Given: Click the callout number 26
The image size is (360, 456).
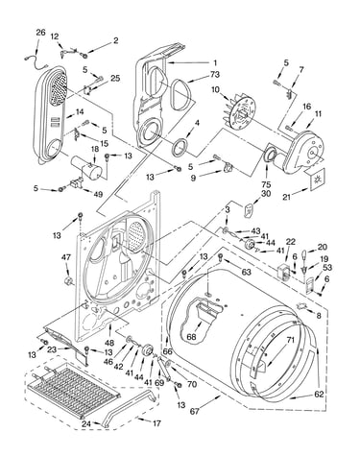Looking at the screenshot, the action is click(x=40, y=33).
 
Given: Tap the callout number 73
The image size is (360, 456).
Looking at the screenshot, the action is click(x=215, y=74).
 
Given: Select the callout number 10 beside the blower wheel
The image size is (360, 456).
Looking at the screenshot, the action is click(x=215, y=89).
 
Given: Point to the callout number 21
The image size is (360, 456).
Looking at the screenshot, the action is click(x=286, y=197).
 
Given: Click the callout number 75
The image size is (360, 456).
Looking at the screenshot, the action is click(x=266, y=184).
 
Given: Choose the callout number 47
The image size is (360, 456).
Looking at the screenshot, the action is click(x=66, y=257).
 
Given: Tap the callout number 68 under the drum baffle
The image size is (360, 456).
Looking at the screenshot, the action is click(x=192, y=337).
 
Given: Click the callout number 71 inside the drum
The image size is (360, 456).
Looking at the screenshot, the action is click(x=290, y=340).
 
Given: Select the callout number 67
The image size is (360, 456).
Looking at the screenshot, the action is click(x=194, y=411).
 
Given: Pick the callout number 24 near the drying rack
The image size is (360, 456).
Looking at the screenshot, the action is click(x=86, y=424).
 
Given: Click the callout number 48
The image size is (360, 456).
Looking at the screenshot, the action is click(x=109, y=343).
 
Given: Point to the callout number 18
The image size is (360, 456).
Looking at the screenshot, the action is click(x=95, y=149).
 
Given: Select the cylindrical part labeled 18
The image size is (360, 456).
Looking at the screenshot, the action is click(x=86, y=168).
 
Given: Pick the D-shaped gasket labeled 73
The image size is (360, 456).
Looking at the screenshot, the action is click(x=181, y=95).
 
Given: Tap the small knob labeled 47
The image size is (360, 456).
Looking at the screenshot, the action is click(x=68, y=281).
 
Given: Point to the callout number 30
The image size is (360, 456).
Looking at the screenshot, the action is click(x=266, y=194).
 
